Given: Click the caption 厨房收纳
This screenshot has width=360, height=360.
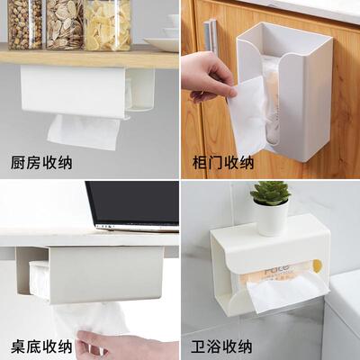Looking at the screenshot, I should [40, 162].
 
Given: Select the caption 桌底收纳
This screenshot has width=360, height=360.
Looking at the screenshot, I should [40, 346].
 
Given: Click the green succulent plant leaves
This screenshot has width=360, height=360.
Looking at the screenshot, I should [269, 193].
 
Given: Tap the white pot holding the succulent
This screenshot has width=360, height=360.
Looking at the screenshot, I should [270, 218].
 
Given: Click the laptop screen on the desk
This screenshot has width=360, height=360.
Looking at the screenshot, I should [133, 203].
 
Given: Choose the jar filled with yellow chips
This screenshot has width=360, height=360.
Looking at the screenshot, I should [107, 24].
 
